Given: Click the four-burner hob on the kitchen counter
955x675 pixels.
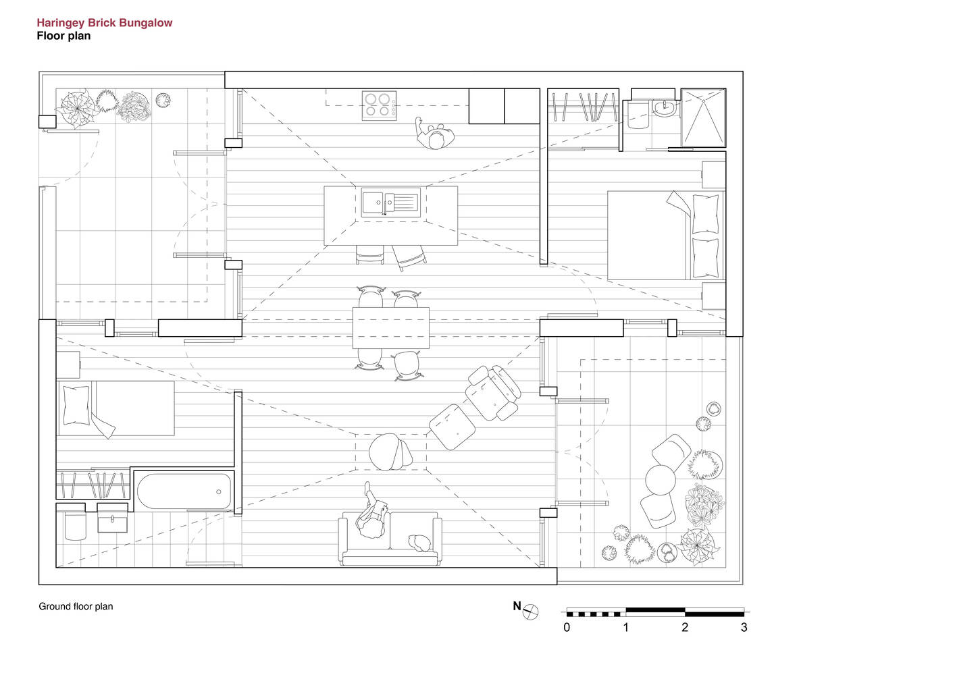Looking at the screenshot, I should (379, 105).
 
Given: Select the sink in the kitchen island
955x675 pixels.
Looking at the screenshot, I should (390, 202).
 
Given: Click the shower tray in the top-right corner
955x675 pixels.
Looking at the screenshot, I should (703, 117).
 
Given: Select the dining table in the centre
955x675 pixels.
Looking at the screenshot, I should (390, 328).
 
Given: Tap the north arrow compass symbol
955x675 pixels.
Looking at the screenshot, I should (532, 612).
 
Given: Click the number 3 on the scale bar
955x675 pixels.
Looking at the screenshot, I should (744, 628).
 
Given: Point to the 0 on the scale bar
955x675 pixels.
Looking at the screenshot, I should (567, 628).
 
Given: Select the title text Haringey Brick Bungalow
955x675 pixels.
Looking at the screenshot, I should (105, 23).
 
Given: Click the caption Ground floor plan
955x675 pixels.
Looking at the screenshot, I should (76, 606).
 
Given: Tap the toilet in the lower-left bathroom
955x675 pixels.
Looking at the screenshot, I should (74, 526).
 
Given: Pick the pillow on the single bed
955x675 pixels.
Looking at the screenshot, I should (76, 404).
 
